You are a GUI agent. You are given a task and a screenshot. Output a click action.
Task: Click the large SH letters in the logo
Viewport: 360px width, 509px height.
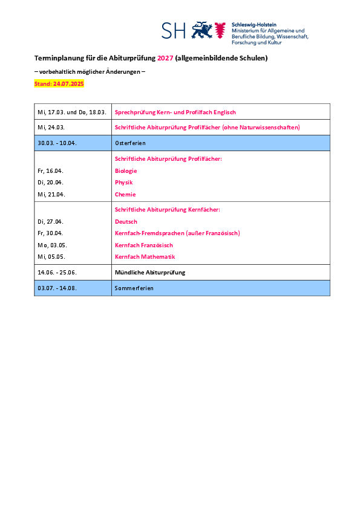tap(174, 30)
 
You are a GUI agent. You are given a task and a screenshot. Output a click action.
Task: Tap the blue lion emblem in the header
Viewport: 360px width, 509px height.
tap(201, 30)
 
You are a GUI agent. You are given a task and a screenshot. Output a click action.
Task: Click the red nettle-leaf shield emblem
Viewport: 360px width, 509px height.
tap(220, 30)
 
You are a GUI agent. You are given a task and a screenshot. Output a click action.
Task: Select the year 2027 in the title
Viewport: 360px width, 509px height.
tap(165, 58)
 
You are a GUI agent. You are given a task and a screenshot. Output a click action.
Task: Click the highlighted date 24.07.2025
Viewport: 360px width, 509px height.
tap(68, 84)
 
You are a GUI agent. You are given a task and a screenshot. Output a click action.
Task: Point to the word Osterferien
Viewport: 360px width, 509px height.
tap(130, 143)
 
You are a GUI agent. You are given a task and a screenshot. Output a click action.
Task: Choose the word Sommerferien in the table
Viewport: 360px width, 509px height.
tap(134, 288)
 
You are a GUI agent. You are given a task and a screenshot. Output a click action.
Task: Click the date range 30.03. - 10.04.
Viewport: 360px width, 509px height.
tap(57, 143)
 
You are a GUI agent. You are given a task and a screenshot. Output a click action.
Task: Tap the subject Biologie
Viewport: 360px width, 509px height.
tap(126, 170)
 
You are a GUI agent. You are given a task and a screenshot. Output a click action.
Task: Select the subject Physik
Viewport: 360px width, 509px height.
tap(124, 183)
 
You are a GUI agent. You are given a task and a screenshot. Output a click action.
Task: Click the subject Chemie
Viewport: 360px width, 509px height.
tap(125, 195)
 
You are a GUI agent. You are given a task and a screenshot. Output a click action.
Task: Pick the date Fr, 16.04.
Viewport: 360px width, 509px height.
tap(50, 170)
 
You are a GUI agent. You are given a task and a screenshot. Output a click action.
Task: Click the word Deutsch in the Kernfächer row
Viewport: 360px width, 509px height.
tap(126, 222)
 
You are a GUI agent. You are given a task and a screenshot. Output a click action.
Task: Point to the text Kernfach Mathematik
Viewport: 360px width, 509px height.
tap(145, 257)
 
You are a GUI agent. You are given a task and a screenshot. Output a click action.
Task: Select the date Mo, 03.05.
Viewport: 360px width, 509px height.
tap(52, 245)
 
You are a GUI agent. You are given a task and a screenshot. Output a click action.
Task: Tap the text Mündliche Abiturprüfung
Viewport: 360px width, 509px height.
tap(150, 273)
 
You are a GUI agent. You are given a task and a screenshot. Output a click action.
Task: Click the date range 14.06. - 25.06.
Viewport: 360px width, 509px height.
tap(57, 273)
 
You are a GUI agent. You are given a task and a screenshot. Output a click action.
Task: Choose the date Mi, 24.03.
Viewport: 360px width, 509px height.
tap(51, 127)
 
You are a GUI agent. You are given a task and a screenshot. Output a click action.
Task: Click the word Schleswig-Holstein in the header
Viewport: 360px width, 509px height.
tap(254, 25)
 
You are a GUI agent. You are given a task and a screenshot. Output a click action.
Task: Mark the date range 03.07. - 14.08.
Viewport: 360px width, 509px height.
tap(57, 288)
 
